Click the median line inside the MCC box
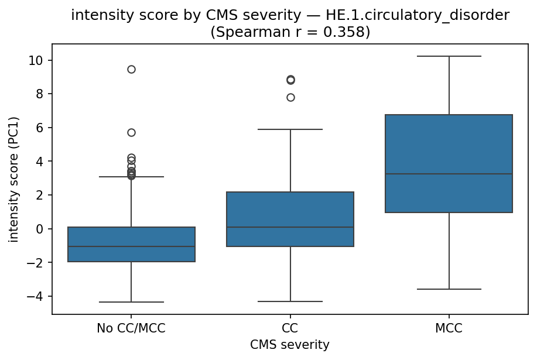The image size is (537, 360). [449, 174]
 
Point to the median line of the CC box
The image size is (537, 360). [290, 227]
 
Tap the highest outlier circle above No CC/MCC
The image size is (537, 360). [131, 69]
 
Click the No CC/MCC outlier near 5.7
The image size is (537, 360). [131, 132]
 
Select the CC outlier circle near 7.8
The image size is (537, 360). [290, 97]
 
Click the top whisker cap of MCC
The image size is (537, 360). [449, 56]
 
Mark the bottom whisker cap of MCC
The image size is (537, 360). [449, 289]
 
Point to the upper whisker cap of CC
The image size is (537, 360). [290, 129]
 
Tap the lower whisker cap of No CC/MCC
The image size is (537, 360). [131, 302]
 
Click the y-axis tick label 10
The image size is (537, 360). [36, 60]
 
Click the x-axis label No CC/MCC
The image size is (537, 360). [131, 328]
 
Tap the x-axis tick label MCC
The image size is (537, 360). [449, 328]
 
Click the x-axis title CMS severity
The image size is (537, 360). [290, 345]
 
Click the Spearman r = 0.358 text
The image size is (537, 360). [290, 32]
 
